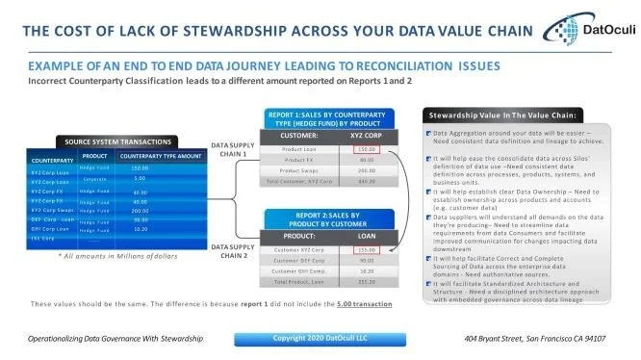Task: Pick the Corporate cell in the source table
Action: click(x=93, y=179)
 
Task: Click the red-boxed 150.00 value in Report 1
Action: click(x=366, y=150)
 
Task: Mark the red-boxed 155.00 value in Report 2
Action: click(x=365, y=249)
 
